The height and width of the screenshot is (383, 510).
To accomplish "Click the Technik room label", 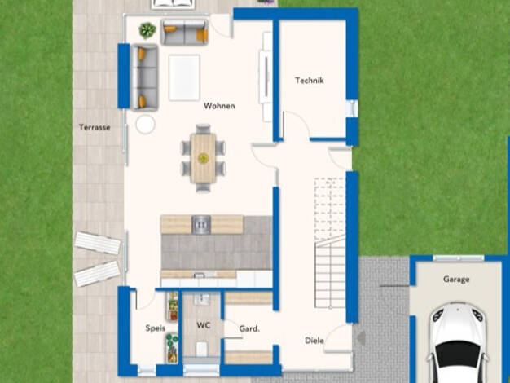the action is [x=309, y=81].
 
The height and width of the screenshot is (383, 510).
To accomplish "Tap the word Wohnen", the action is [x=219, y=106].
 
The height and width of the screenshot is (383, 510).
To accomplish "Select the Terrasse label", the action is [x=95, y=127].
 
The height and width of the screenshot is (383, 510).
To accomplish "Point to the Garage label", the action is [x=456, y=280].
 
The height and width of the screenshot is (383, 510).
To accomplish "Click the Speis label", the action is [x=155, y=328].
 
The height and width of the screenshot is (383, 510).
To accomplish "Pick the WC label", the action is [x=204, y=325].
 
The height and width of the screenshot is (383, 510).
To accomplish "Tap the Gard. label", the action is [x=249, y=328].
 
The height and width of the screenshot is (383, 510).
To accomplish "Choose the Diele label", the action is [x=314, y=341].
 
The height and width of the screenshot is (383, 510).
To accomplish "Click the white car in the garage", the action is [x=458, y=343].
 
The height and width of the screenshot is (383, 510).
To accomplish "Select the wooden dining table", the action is [x=203, y=158].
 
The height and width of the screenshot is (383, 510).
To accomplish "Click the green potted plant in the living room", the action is [x=147, y=31].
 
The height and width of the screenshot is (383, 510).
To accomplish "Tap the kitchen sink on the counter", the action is [x=201, y=225].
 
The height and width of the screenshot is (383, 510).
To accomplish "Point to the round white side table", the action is [x=145, y=125].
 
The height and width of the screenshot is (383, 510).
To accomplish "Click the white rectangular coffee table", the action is [x=184, y=77].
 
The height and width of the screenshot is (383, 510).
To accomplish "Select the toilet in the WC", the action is [x=202, y=349].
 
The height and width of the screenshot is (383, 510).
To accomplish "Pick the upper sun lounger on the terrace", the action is [x=98, y=243].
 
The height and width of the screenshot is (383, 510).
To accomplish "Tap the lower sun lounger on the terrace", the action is [x=97, y=274].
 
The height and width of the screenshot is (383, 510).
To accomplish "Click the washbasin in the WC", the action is [x=202, y=299].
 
